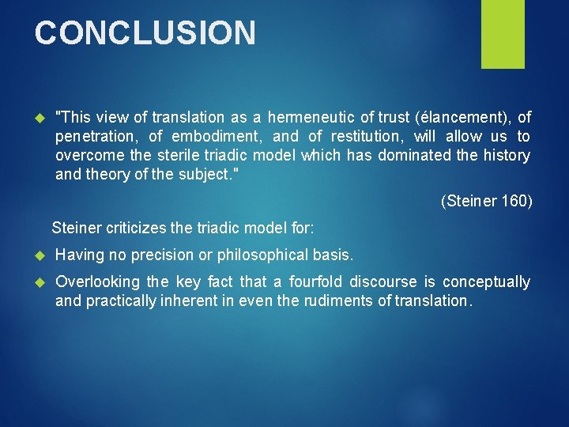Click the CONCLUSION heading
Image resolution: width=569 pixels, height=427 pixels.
[145, 33]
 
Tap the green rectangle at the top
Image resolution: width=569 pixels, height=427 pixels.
[503, 33]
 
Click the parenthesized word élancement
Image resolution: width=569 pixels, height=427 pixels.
[463, 118]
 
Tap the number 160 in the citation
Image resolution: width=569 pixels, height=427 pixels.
[517, 202]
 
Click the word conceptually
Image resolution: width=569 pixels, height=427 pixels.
[486, 282]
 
